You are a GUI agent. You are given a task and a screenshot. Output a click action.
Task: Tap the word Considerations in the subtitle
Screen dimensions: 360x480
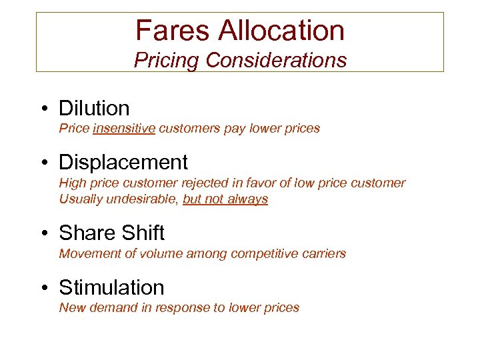point(276,61)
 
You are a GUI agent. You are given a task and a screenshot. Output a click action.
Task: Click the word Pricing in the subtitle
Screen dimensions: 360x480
point(167,61)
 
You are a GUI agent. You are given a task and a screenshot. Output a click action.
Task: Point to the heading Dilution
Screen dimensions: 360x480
point(94,108)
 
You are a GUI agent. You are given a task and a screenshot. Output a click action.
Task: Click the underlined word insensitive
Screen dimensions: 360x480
point(125,128)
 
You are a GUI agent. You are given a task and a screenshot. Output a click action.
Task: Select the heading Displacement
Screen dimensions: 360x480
point(123,162)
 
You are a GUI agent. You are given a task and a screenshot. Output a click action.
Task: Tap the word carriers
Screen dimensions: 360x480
point(323,253)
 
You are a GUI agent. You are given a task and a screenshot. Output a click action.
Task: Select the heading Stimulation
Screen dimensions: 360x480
point(111,287)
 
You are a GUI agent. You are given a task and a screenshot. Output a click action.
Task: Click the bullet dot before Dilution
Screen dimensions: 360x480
point(43,109)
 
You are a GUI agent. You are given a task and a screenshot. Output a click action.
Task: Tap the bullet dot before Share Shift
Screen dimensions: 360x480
point(43,233)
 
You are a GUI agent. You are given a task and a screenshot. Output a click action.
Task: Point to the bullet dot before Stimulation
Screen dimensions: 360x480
point(43,288)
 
